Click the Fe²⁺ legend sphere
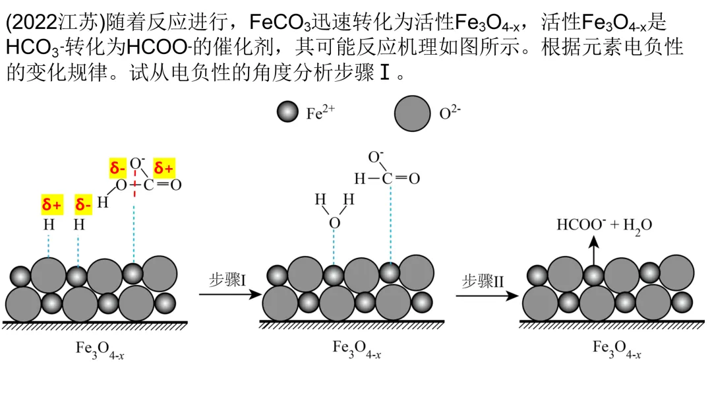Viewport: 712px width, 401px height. [x=287, y=111]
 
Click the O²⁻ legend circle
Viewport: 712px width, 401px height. [x=412, y=113]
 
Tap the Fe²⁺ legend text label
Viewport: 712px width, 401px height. [x=320, y=112]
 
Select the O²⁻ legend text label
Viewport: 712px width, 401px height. [x=450, y=112]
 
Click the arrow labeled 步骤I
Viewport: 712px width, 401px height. [x=230, y=294]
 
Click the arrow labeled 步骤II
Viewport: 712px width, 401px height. [x=487, y=296]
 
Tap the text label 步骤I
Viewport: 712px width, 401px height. [x=227, y=279]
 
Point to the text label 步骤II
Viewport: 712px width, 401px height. [x=483, y=281]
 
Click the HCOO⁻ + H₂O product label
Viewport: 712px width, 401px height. [x=605, y=226]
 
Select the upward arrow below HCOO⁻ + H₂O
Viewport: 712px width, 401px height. [x=593, y=251]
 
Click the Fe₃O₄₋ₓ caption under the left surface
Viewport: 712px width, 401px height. [x=100, y=350]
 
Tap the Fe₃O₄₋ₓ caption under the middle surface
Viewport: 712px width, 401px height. [x=357, y=349]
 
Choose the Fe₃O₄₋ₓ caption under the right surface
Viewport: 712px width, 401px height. [x=616, y=349]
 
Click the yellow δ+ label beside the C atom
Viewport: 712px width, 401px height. [x=163, y=168]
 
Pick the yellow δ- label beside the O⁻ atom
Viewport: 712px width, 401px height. [x=117, y=168]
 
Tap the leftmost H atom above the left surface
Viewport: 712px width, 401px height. [x=49, y=224]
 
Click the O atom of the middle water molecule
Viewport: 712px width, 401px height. [x=334, y=223]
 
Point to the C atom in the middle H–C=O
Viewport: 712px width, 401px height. [x=387, y=179]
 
